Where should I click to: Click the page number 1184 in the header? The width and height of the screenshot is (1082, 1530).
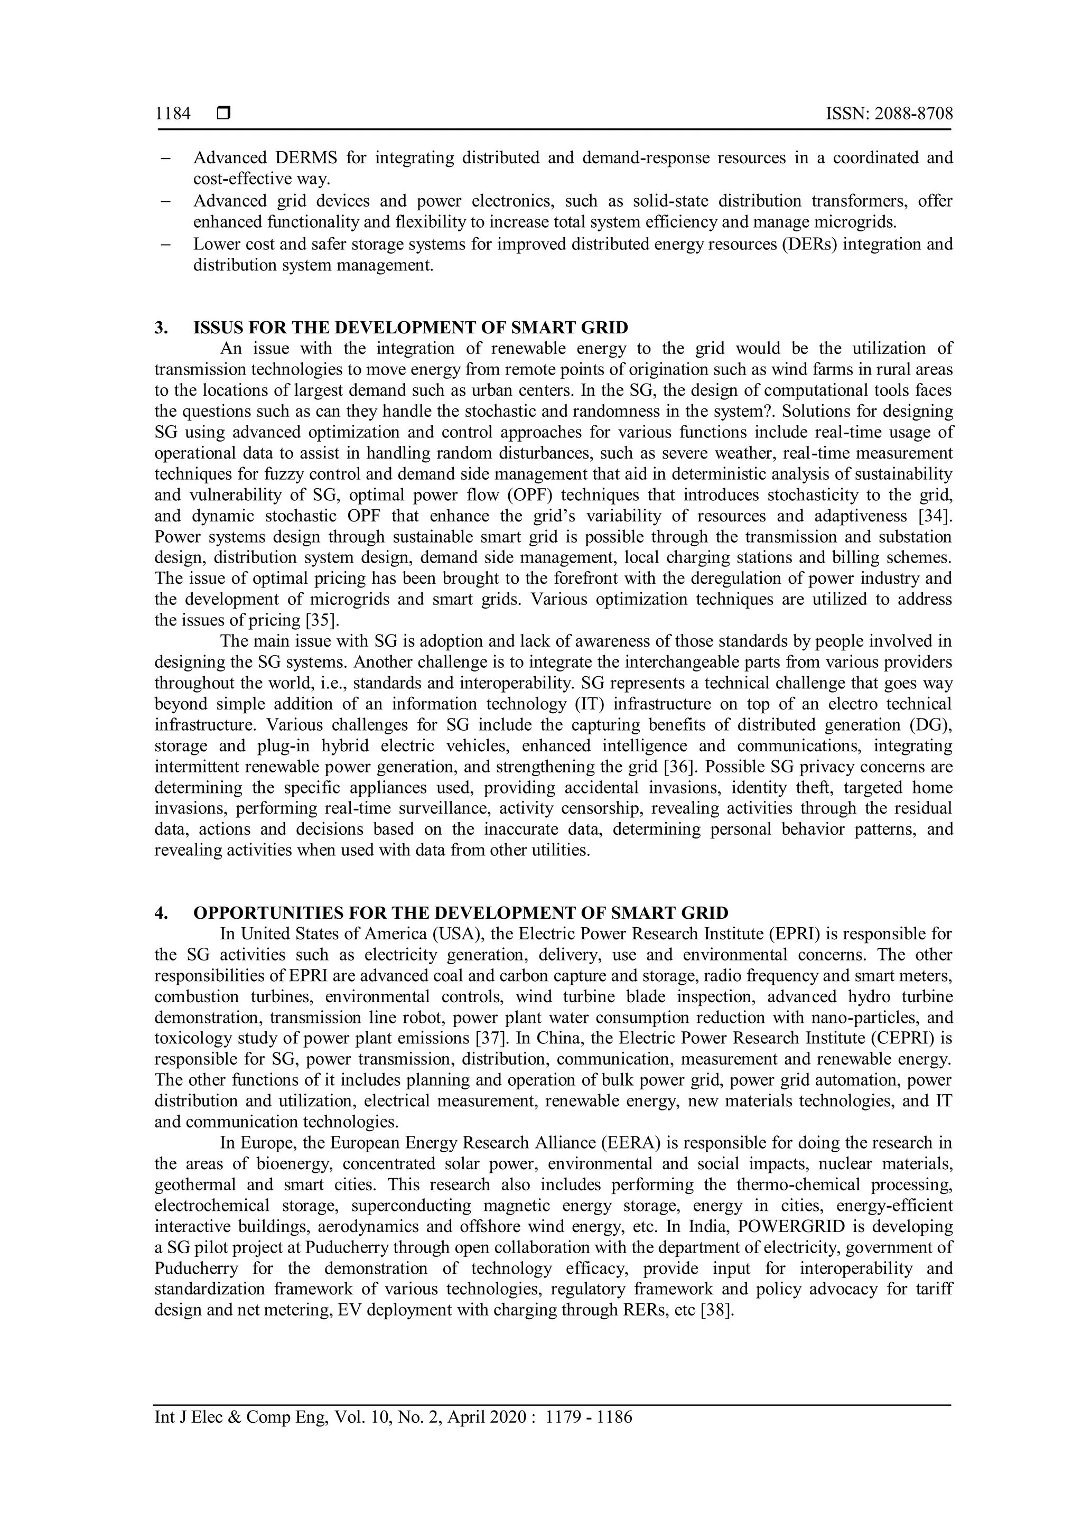pos(173,114)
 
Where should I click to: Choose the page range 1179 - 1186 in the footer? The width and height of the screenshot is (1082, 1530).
pos(589,1435)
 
